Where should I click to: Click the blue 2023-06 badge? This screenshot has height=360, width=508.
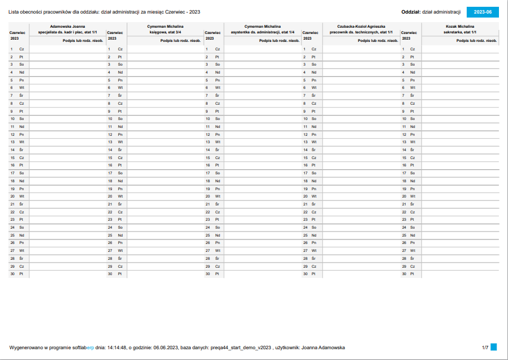(x=482, y=12)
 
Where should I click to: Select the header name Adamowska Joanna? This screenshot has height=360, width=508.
(x=67, y=26)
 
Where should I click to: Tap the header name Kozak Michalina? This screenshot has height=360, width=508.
(x=460, y=26)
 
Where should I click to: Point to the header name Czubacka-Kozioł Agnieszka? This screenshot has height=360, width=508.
(x=361, y=26)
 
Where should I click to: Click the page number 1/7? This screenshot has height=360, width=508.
(x=485, y=347)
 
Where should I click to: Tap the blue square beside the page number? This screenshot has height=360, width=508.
(x=493, y=346)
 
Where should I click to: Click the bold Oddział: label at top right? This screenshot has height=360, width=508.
(x=410, y=12)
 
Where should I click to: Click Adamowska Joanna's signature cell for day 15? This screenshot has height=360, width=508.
(x=67, y=157)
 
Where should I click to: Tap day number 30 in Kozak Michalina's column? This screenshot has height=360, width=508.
(x=404, y=274)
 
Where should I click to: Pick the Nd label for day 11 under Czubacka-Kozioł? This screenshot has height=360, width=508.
(x=314, y=127)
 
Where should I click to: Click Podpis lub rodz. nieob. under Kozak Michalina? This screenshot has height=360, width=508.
(x=476, y=41)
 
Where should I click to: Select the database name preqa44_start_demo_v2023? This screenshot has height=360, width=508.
(x=240, y=347)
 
